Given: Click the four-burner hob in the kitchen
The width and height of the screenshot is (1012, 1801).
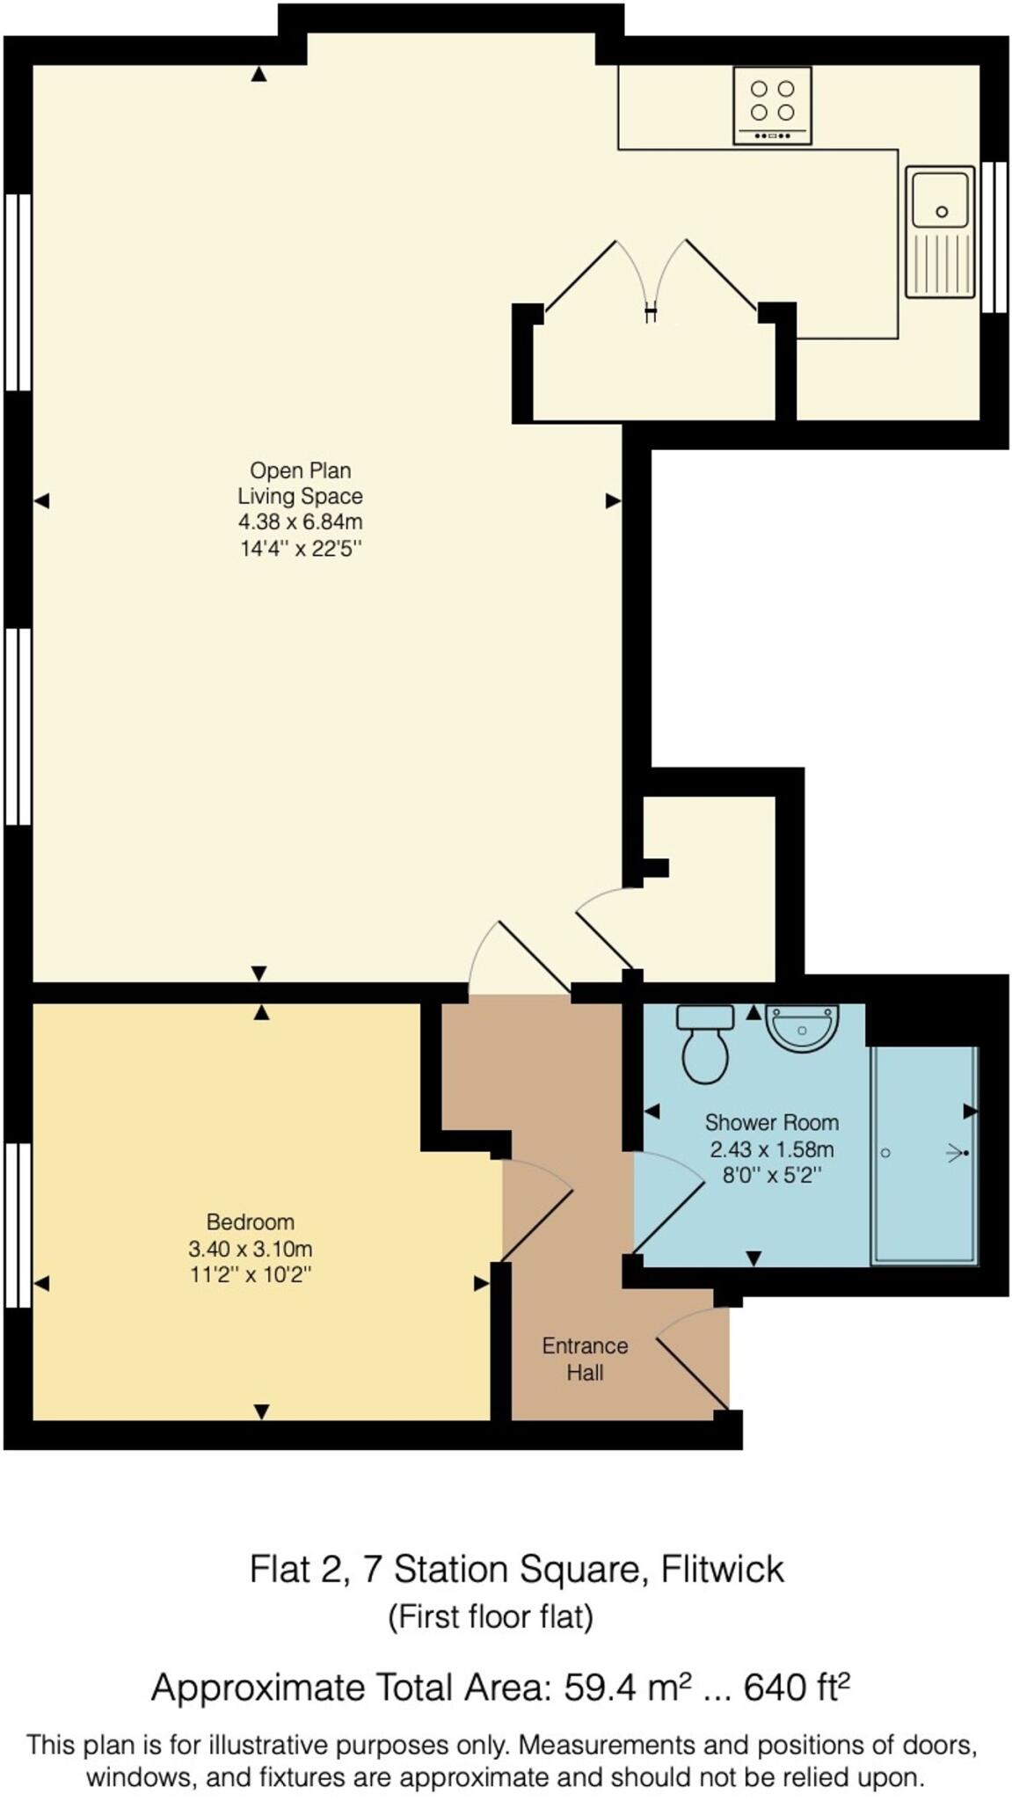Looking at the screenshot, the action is (771, 106).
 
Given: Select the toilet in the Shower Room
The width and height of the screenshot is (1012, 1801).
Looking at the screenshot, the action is (704, 1043).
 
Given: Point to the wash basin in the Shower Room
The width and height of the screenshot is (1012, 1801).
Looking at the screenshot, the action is (802, 1026).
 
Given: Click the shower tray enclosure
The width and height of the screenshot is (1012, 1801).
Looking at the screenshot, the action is (923, 1156).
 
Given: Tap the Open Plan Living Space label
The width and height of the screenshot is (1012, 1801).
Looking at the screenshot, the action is (300, 483).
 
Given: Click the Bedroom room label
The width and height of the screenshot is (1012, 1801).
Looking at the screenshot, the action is (251, 1221).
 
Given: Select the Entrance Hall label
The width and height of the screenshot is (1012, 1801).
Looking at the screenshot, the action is (585, 1359).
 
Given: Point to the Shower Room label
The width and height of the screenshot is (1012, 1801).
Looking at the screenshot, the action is (772, 1122).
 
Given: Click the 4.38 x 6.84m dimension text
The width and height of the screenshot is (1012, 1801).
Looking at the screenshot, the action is (301, 521).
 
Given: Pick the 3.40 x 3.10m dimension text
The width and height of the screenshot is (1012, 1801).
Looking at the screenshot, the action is (251, 1249).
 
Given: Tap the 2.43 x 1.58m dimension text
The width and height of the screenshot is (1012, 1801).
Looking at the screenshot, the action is (772, 1149).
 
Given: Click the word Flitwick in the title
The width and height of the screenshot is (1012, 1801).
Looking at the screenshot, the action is (722, 1569).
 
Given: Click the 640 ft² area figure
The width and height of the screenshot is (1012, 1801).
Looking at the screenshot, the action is (797, 1688).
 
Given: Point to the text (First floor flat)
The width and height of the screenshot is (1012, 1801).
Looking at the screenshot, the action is (491, 1616).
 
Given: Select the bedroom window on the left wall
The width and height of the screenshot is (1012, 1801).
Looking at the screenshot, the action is (18, 1225).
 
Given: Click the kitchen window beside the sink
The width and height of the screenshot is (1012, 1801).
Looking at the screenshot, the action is (994, 237).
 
